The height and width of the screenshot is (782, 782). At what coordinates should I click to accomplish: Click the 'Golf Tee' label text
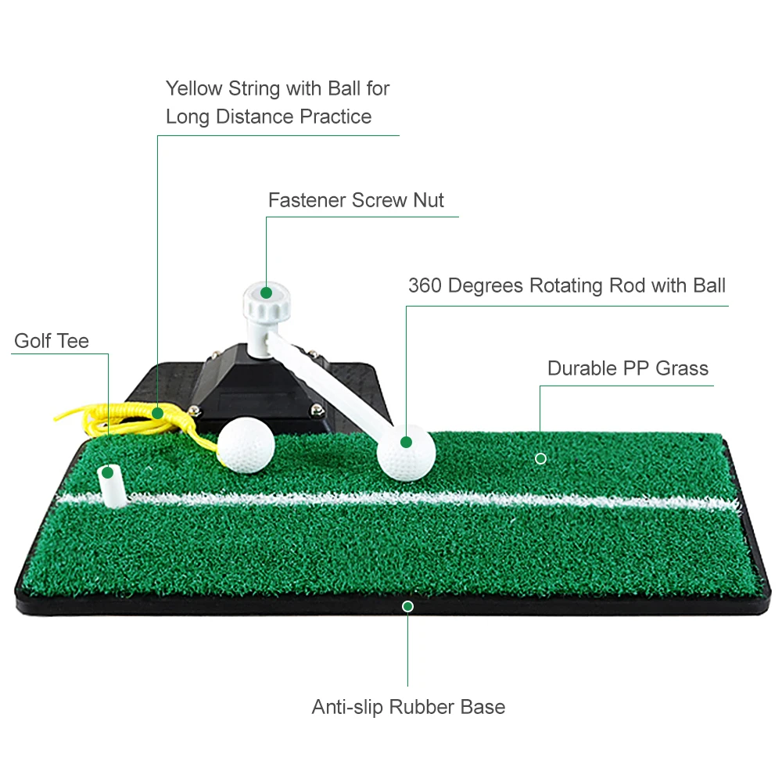click(x=52, y=341)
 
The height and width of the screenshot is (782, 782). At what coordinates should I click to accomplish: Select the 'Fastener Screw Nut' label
click(x=356, y=200)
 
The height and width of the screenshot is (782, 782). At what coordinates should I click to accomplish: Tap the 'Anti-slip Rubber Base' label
click(x=408, y=707)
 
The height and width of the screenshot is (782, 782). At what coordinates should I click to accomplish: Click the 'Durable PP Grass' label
click(x=627, y=368)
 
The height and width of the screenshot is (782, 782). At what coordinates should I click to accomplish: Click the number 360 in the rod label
click(x=426, y=285)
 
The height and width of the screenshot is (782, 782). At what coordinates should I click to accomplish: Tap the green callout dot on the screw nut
click(x=266, y=292)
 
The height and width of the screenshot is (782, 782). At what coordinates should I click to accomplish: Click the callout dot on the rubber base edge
click(x=407, y=606)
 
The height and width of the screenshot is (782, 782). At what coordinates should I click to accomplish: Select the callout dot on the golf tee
click(x=108, y=472)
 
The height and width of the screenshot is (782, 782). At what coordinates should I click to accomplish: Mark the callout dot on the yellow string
click(x=157, y=412)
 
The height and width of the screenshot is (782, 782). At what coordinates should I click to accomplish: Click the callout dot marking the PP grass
click(x=540, y=458)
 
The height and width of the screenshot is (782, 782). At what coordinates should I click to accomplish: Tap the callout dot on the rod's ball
click(x=406, y=442)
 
